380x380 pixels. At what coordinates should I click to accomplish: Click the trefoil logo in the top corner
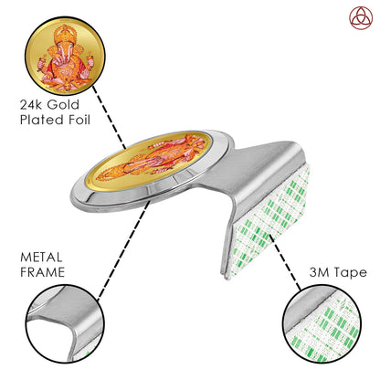pos(361,18)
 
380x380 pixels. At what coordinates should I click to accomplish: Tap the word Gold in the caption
pos(63,105)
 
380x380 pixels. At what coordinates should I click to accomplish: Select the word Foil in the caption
pos(79,120)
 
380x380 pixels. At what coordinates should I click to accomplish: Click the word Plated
pos(42,120)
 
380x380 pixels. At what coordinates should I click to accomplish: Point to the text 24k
pos(32,105)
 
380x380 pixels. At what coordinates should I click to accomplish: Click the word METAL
pos(41,258)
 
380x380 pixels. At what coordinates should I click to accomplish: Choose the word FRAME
pos(42,272)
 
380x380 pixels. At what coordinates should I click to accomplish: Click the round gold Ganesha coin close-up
pos(65,57)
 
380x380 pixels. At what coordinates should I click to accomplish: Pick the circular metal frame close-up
pos(65,323)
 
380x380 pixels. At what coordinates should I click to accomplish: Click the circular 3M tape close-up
pos(322,323)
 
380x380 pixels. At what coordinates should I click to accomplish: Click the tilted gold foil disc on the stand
pos(149,162)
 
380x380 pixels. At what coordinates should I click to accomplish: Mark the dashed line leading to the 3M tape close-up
pos(285,262)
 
